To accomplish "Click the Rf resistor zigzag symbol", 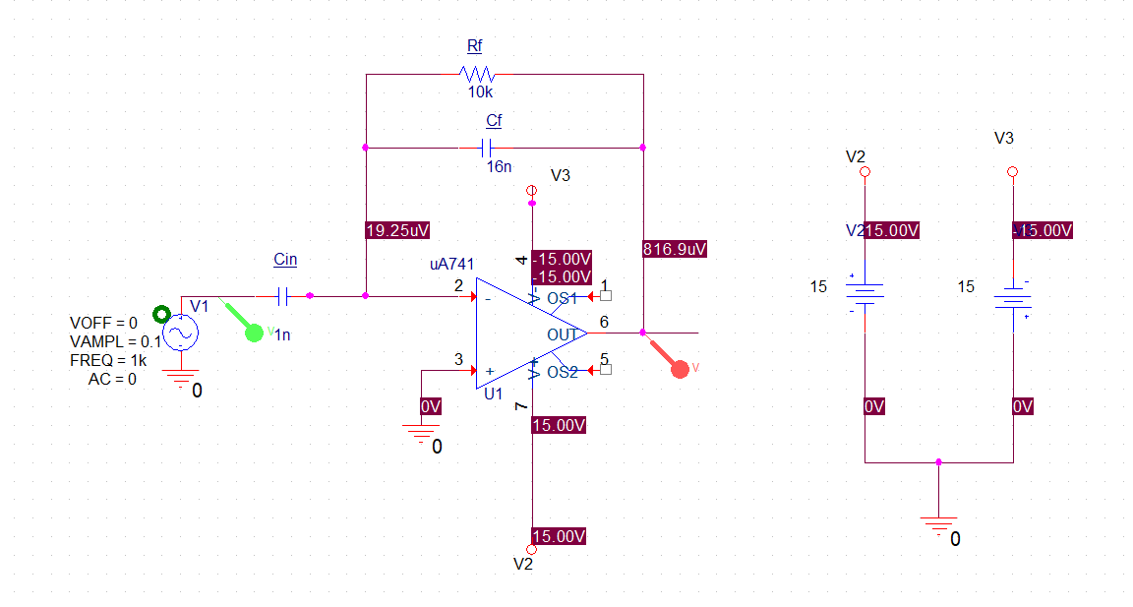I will point(477,74).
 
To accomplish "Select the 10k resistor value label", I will point(480,91).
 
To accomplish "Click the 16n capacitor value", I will point(499,166).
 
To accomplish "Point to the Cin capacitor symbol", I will point(283,295).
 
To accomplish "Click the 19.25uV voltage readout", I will point(397,230).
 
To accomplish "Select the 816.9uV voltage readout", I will point(675,248).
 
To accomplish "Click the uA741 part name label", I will point(452,265).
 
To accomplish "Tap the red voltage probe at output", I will point(678,368).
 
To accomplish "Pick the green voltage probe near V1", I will point(255,332).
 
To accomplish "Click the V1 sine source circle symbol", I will point(180,334).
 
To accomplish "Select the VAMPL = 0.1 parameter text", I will point(115,341).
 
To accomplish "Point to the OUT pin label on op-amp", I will point(562,334).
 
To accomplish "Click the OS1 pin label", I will point(563,298).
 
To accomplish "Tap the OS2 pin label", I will point(563,372).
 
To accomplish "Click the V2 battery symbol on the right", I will point(864,292).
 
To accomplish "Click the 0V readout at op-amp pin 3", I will point(431,406).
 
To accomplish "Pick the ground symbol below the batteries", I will point(939,523).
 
